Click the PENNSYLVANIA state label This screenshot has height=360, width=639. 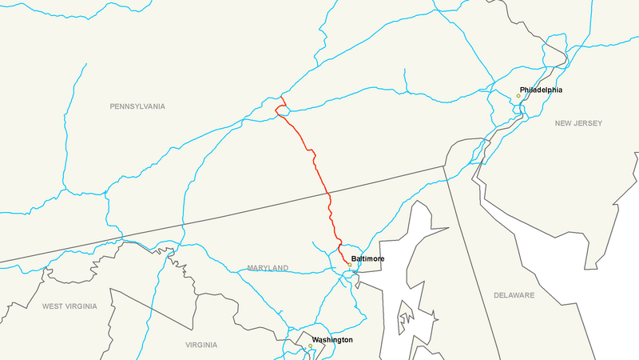click(137, 106)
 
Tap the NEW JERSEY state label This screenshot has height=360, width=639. click(578, 123)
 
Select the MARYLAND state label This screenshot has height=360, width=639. click(268, 268)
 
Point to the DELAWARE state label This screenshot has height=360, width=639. click(514, 295)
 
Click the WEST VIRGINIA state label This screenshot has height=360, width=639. click(69, 306)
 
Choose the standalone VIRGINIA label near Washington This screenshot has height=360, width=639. click(200, 345)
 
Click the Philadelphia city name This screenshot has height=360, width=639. click(541, 90)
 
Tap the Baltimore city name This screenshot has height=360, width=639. click(367, 259)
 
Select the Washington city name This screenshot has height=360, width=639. click(332, 340)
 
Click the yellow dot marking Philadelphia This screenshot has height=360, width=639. click(518, 96)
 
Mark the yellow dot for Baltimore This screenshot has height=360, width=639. click(349, 265)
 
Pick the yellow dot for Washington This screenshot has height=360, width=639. click(310, 346)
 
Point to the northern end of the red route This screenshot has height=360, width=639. click(280, 97)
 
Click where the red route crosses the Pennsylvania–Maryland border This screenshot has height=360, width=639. click(328, 193)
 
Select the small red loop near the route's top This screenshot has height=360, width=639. click(279, 110)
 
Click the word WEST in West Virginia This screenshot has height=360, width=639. click(54, 306)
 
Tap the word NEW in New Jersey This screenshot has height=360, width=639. click(564, 123)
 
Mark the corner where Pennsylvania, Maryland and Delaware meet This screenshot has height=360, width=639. click(445, 166)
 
